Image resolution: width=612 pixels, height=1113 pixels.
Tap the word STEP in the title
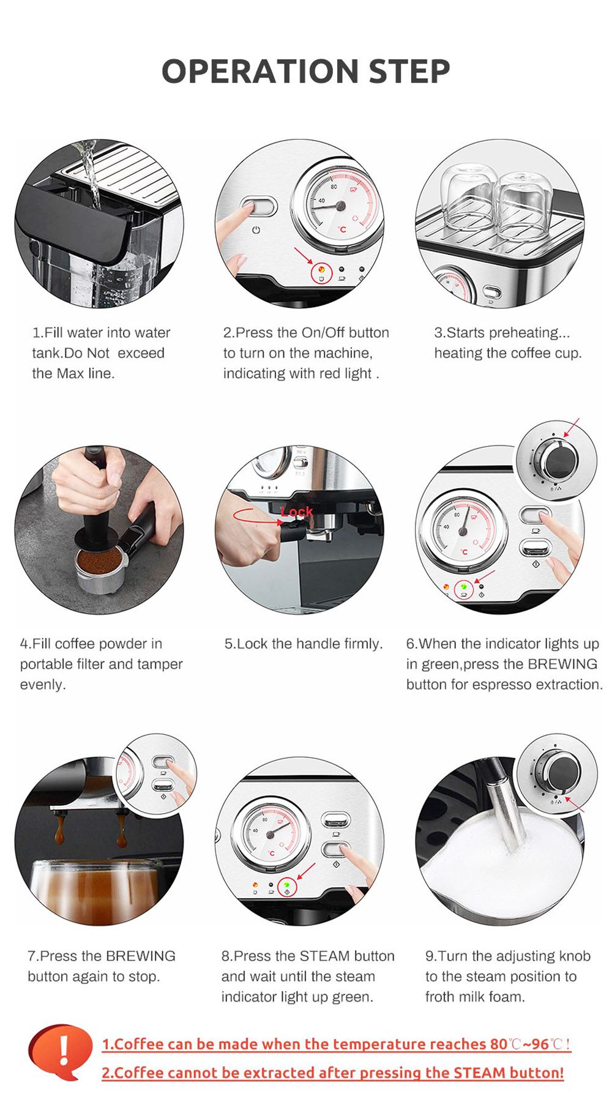coord(409,71)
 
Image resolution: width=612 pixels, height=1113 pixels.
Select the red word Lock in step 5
coord(296,511)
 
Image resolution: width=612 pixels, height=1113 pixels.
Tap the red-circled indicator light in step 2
coord(322,272)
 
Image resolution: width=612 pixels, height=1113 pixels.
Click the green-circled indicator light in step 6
coord(464,588)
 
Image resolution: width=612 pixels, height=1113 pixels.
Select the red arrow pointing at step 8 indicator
coord(306,871)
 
